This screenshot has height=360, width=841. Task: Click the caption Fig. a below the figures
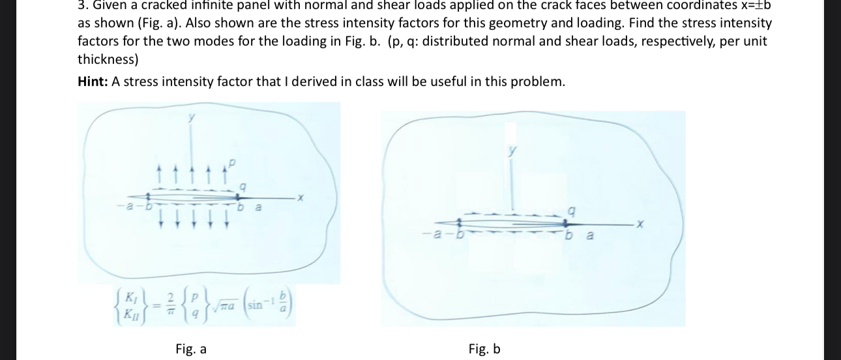pos(191,349)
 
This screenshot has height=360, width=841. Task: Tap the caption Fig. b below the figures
pos(484,349)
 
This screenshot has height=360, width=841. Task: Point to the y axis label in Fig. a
pos(192,117)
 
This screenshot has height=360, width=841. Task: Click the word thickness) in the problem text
pos(108,59)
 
